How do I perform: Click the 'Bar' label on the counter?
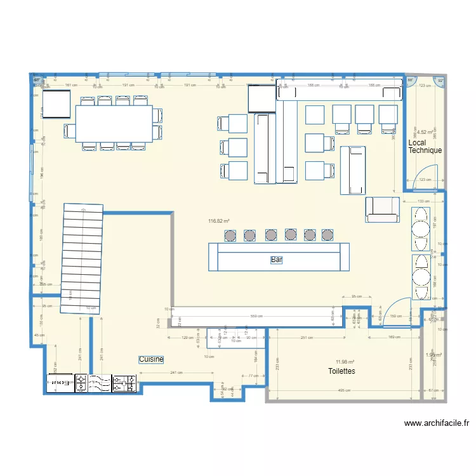pos(277,260)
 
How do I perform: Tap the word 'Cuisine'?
pos(152,359)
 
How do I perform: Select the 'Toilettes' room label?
pos(341,371)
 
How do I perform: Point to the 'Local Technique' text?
pos(425,147)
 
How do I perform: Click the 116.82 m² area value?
pos(218,221)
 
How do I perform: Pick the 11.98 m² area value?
pos(345,360)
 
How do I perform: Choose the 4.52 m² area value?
pos(425,132)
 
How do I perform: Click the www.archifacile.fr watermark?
pos(436,423)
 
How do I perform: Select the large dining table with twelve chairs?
pos(114,123)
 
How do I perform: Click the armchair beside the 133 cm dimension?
pos(382,210)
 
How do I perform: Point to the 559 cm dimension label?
pos(256,316)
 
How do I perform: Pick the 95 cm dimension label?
pos(356,296)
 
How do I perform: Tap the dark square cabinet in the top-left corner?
pos(56,104)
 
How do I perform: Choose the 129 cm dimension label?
pos(186,338)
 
